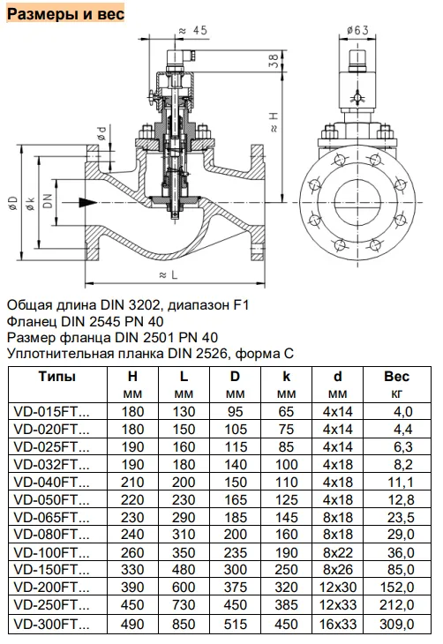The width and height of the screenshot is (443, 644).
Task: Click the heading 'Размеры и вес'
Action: pyautogui.click(x=66, y=13)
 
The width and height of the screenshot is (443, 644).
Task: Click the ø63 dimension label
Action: pyautogui.click(x=357, y=30)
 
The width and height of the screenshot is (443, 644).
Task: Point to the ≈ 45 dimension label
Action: pyautogui.click(x=193, y=30)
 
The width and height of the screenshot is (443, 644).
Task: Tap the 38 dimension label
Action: pyautogui.click(x=274, y=61)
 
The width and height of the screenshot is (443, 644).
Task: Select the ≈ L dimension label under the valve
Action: pyautogui.click(x=169, y=274)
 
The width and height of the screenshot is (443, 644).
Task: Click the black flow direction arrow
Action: pyautogui.click(x=87, y=202)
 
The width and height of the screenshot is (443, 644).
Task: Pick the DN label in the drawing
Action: pyautogui.click(x=49, y=201)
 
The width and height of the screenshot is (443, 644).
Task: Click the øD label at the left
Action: pyautogui.click(x=13, y=204)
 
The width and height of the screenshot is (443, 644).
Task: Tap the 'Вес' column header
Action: pyautogui.click(x=396, y=376)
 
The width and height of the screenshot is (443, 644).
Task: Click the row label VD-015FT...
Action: pyautogui.click(x=51, y=411)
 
